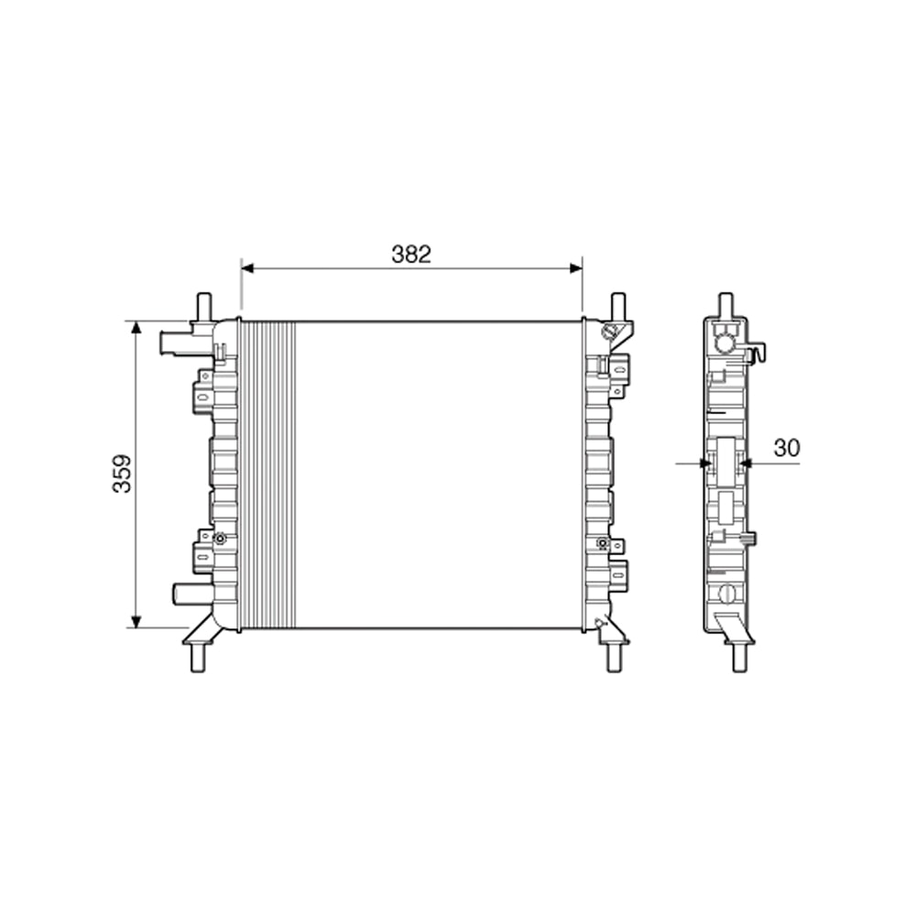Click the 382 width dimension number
411,255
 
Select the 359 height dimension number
122,474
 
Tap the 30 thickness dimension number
787,448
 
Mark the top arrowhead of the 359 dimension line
136,327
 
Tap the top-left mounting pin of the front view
203,304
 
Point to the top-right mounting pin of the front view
618,305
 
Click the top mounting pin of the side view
725,304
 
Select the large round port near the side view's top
725,343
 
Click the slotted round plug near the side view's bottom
728,594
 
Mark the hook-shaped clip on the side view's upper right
758,352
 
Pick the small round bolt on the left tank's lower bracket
220,540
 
